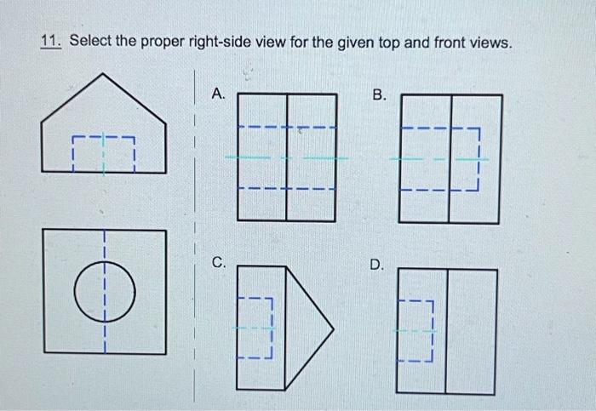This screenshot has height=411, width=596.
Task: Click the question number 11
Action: [x=50, y=42]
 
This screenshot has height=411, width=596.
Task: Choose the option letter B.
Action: [x=381, y=94]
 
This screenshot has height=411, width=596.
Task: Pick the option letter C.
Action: [x=219, y=265]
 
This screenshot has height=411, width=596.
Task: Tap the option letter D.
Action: [x=378, y=266]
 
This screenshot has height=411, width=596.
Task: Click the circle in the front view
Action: [x=104, y=292]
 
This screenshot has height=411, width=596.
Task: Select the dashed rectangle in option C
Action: [x=255, y=326]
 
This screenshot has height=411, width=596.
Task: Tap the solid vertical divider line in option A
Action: [x=287, y=158]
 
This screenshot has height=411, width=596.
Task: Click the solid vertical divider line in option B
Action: [x=450, y=158]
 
